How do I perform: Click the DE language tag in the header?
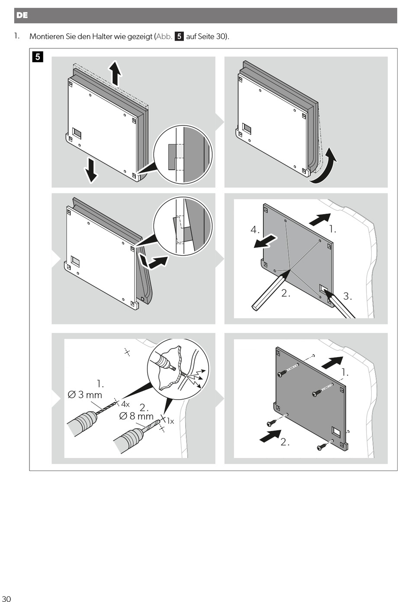[22, 16]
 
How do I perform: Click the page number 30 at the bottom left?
[6, 598]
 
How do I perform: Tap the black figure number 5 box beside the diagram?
[38, 57]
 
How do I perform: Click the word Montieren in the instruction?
[46, 36]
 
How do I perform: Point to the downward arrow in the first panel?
[91, 170]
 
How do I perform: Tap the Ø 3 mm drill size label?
[85, 394]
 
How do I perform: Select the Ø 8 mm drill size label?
[136, 416]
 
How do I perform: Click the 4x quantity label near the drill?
[125, 404]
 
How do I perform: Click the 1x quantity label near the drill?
[170, 421]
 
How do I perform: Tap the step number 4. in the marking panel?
[255, 229]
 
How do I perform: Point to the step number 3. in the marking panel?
[347, 296]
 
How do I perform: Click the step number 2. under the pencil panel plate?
[286, 293]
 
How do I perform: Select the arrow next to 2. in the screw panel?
[270, 436]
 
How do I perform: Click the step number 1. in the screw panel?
[345, 372]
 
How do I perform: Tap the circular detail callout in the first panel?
[183, 154]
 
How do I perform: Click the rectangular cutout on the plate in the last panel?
[336, 431]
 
